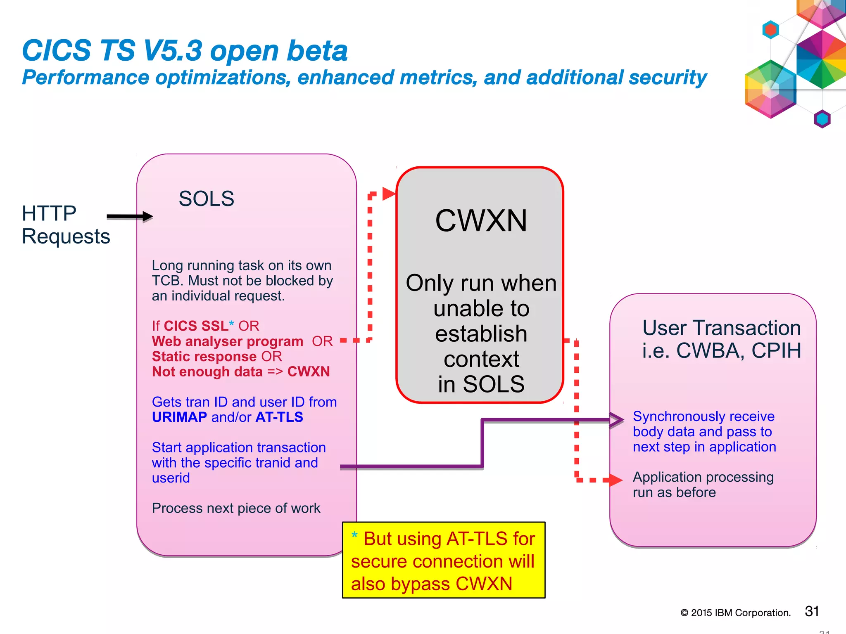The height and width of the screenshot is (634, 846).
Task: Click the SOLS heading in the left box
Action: pyautogui.click(x=206, y=199)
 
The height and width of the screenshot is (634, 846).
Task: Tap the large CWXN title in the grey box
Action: pyautogui.click(x=481, y=221)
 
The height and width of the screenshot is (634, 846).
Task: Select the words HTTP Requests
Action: pyautogui.click(x=65, y=225)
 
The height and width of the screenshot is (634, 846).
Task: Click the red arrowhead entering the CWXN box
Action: pyautogui.click(x=388, y=193)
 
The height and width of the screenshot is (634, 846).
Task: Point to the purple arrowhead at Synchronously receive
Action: pyautogui.click(x=618, y=420)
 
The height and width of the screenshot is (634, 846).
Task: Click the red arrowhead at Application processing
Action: pyautogui.click(x=615, y=480)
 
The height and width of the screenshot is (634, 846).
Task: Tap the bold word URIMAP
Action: pyautogui.click(x=179, y=417)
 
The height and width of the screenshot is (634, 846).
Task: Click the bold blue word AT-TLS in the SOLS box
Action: pyautogui.click(x=279, y=417)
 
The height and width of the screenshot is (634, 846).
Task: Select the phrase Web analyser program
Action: pyautogui.click(x=228, y=341)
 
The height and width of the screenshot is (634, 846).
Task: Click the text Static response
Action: pyautogui.click(x=204, y=357)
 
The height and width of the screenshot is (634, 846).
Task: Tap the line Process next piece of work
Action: pyautogui.click(x=236, y=508)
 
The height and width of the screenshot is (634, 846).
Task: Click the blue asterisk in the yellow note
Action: pyautogui.click(x=354, y=536)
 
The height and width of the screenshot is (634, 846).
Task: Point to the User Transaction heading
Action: pyautogui.click(x=721, y=328)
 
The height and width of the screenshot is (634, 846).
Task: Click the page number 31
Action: pyautogui.click(x=812, y=611)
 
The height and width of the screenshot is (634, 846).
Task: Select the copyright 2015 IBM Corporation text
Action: pyautogui.click(x=735, y=613)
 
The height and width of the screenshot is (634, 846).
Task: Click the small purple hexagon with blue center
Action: pyautogui.click(x=822, y=119)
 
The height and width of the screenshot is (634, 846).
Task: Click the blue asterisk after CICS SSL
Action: pyautogui.click(x=231, y=324)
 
